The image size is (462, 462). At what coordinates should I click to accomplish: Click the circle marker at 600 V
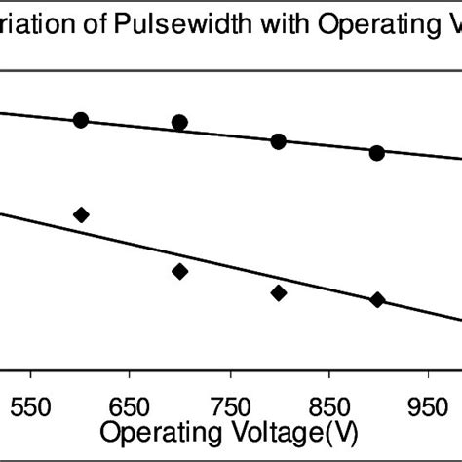(81, 120)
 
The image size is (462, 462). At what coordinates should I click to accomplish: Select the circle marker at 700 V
(179, 123)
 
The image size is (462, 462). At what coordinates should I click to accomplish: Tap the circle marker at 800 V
(278, 142)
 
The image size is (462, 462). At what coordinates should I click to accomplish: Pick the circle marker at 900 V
(376, 153)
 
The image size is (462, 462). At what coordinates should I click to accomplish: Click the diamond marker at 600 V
(81, 214)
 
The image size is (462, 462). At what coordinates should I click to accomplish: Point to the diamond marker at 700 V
(179, 271)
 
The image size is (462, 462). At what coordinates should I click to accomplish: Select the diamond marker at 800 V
(278, 292)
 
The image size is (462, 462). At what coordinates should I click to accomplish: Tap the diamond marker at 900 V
(377, 299)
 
